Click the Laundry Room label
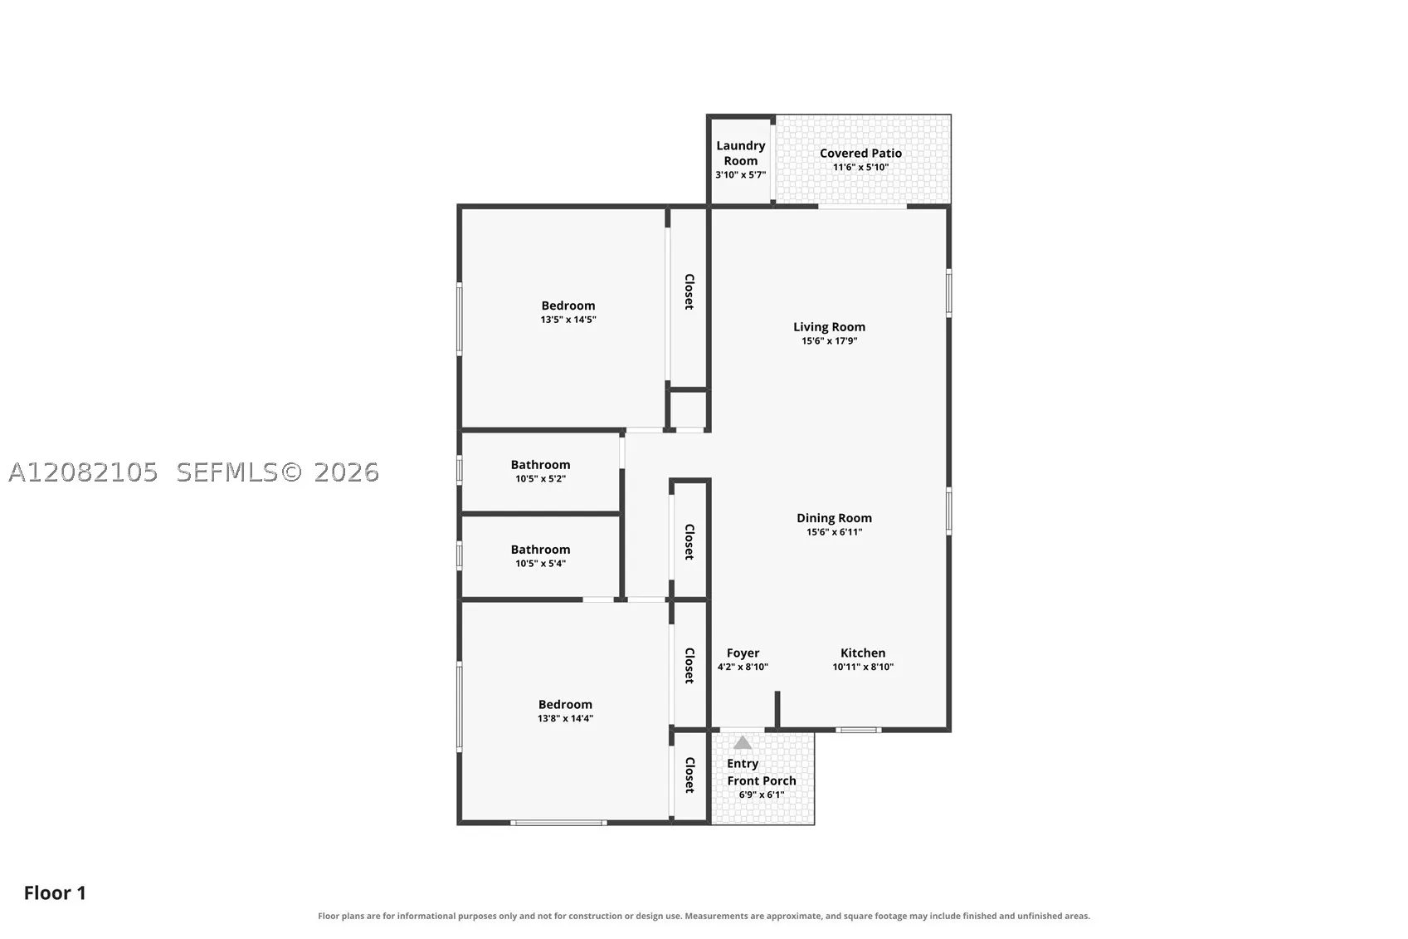click(x=740, y=153)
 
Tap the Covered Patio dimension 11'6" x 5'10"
click(x=860, y=168)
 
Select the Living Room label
click(x=829, y=327)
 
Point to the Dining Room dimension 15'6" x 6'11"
click(x=834, y=532)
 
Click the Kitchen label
click(x=863, y=653)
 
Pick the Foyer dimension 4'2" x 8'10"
click(x=743, y=667)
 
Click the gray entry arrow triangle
click(x=743, y=743)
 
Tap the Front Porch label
click(x=762, y=780)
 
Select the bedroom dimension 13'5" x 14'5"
click(x=568, y=320)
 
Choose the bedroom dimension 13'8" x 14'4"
click(x=565, y=718)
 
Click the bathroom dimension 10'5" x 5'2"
click(x=541, y=478)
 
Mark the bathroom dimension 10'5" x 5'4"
click(x=541, y=564)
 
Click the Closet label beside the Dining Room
click(x=689, y=541)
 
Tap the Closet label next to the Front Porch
click(x=689, y=775)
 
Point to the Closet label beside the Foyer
click(x=689, y=665)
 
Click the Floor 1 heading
click(x=55, y=893)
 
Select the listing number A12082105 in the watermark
click(x=83, y=473)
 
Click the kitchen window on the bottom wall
click(x=859, y=730)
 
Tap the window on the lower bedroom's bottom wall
click(x=558, y=823)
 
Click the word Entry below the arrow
click(x=743, y=764)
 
